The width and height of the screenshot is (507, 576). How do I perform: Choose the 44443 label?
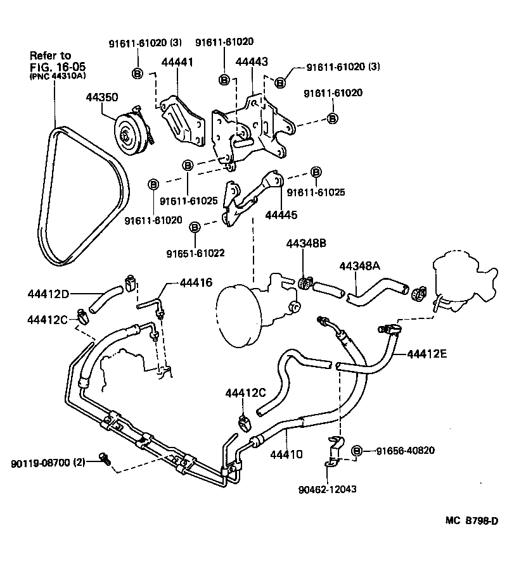click(252, 62)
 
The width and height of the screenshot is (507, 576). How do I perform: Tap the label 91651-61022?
click(195, 253)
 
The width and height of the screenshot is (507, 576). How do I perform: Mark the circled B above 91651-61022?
click(195, 226)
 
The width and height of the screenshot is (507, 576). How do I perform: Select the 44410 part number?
click(287, 453)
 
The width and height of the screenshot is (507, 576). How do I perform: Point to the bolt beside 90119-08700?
click(105, 459)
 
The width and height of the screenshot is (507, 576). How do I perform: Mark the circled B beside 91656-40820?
click(357, 450)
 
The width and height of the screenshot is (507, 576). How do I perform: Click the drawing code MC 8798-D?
click(472, 521)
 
